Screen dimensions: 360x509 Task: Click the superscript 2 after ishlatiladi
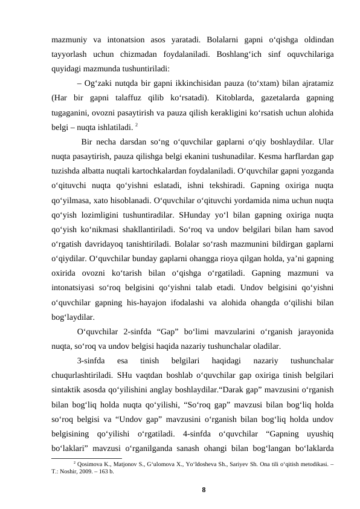(137, 124)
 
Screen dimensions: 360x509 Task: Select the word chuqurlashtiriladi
(88, 375)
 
